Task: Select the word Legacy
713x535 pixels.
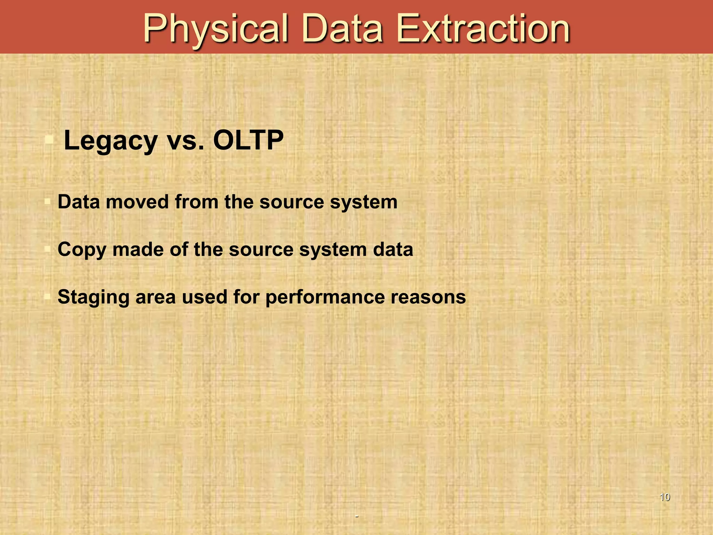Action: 111,141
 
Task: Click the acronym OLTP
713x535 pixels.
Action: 248,140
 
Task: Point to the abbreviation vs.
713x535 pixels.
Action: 186,141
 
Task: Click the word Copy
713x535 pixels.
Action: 81,250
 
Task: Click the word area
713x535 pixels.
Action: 155,297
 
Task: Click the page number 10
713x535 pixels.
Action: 665,497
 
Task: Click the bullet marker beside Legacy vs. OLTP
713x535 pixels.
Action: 49,140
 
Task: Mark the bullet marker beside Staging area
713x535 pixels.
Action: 48,297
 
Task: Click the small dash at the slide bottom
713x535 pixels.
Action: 356,516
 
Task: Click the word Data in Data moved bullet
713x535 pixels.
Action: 79,202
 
